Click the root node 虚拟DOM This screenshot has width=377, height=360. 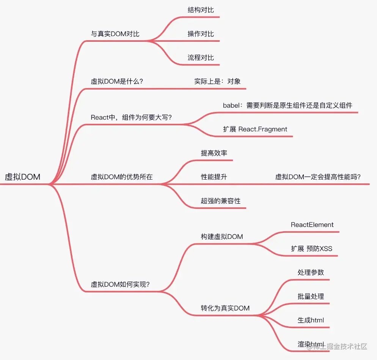22,177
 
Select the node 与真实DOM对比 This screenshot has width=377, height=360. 115,34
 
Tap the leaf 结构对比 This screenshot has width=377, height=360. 201,10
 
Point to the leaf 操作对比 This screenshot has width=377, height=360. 201,34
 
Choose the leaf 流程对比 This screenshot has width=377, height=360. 201,58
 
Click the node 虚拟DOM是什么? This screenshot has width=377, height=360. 117,81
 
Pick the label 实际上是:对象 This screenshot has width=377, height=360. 217,81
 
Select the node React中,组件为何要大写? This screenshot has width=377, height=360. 131,117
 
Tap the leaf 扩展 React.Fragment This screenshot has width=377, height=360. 255,129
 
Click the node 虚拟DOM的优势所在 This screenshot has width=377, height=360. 122,177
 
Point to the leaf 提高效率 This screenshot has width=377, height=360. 214,153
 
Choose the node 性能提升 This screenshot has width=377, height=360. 214,177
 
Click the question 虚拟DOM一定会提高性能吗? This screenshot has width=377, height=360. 318,177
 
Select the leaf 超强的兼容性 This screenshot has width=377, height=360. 221,201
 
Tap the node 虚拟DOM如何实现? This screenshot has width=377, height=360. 120,284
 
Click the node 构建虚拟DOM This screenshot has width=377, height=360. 222,237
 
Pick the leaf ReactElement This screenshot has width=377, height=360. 312,224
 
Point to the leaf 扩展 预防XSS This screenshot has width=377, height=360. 311,249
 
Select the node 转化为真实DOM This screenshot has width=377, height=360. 225,308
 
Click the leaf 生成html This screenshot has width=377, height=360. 311,320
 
